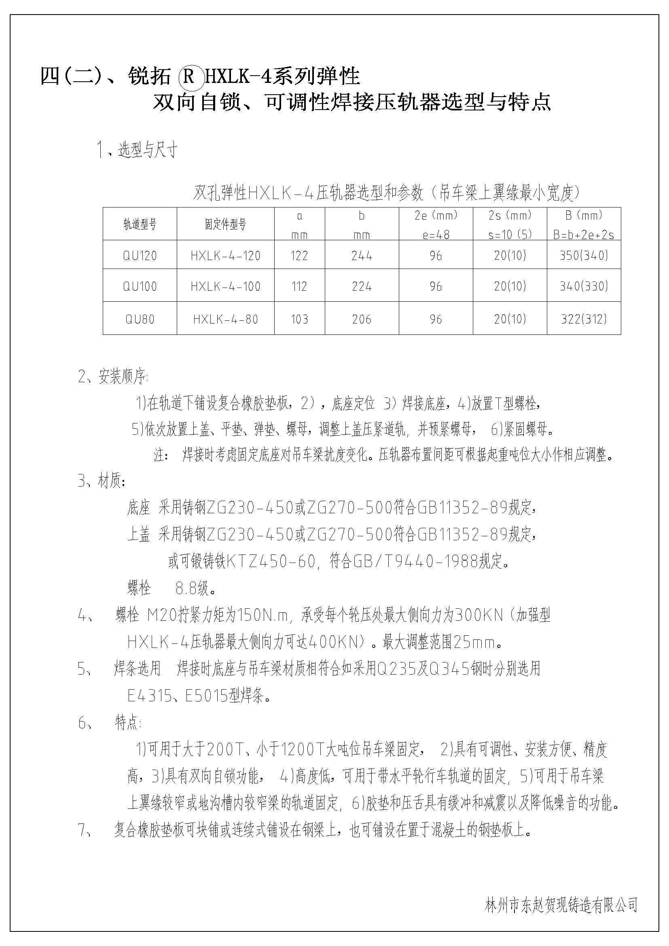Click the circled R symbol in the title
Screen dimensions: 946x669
tap(189, 76)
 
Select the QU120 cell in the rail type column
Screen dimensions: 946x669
tap(140, 256)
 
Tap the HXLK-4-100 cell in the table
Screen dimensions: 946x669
tap(225, 286)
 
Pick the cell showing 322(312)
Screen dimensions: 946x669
tap(584, 319)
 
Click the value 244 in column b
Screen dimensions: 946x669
tap(362, 256)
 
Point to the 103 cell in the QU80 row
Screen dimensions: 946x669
tap(299, 319)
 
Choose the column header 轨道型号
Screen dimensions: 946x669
tap(140, 224)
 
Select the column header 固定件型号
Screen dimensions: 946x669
tap(225, 224)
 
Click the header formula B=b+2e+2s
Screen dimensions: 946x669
tap(584, 235)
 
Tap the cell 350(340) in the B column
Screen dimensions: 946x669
tap(584, 256)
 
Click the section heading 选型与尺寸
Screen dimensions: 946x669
tap(148, 150)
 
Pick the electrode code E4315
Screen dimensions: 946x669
tap(149, 696)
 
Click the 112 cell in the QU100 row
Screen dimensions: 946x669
tap(299, 286)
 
